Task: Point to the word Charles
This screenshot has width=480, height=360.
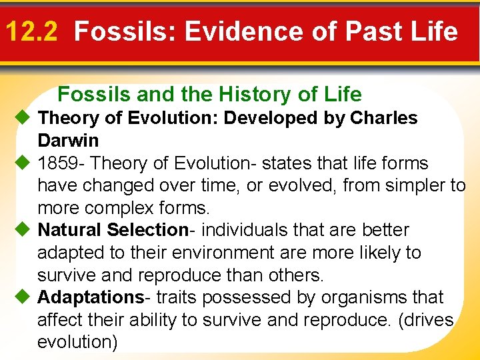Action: [384, 118]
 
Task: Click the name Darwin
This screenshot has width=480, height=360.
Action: [68, 141]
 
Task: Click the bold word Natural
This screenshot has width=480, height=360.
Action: [69, 230]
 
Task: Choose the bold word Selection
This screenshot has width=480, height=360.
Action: [147, 230]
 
